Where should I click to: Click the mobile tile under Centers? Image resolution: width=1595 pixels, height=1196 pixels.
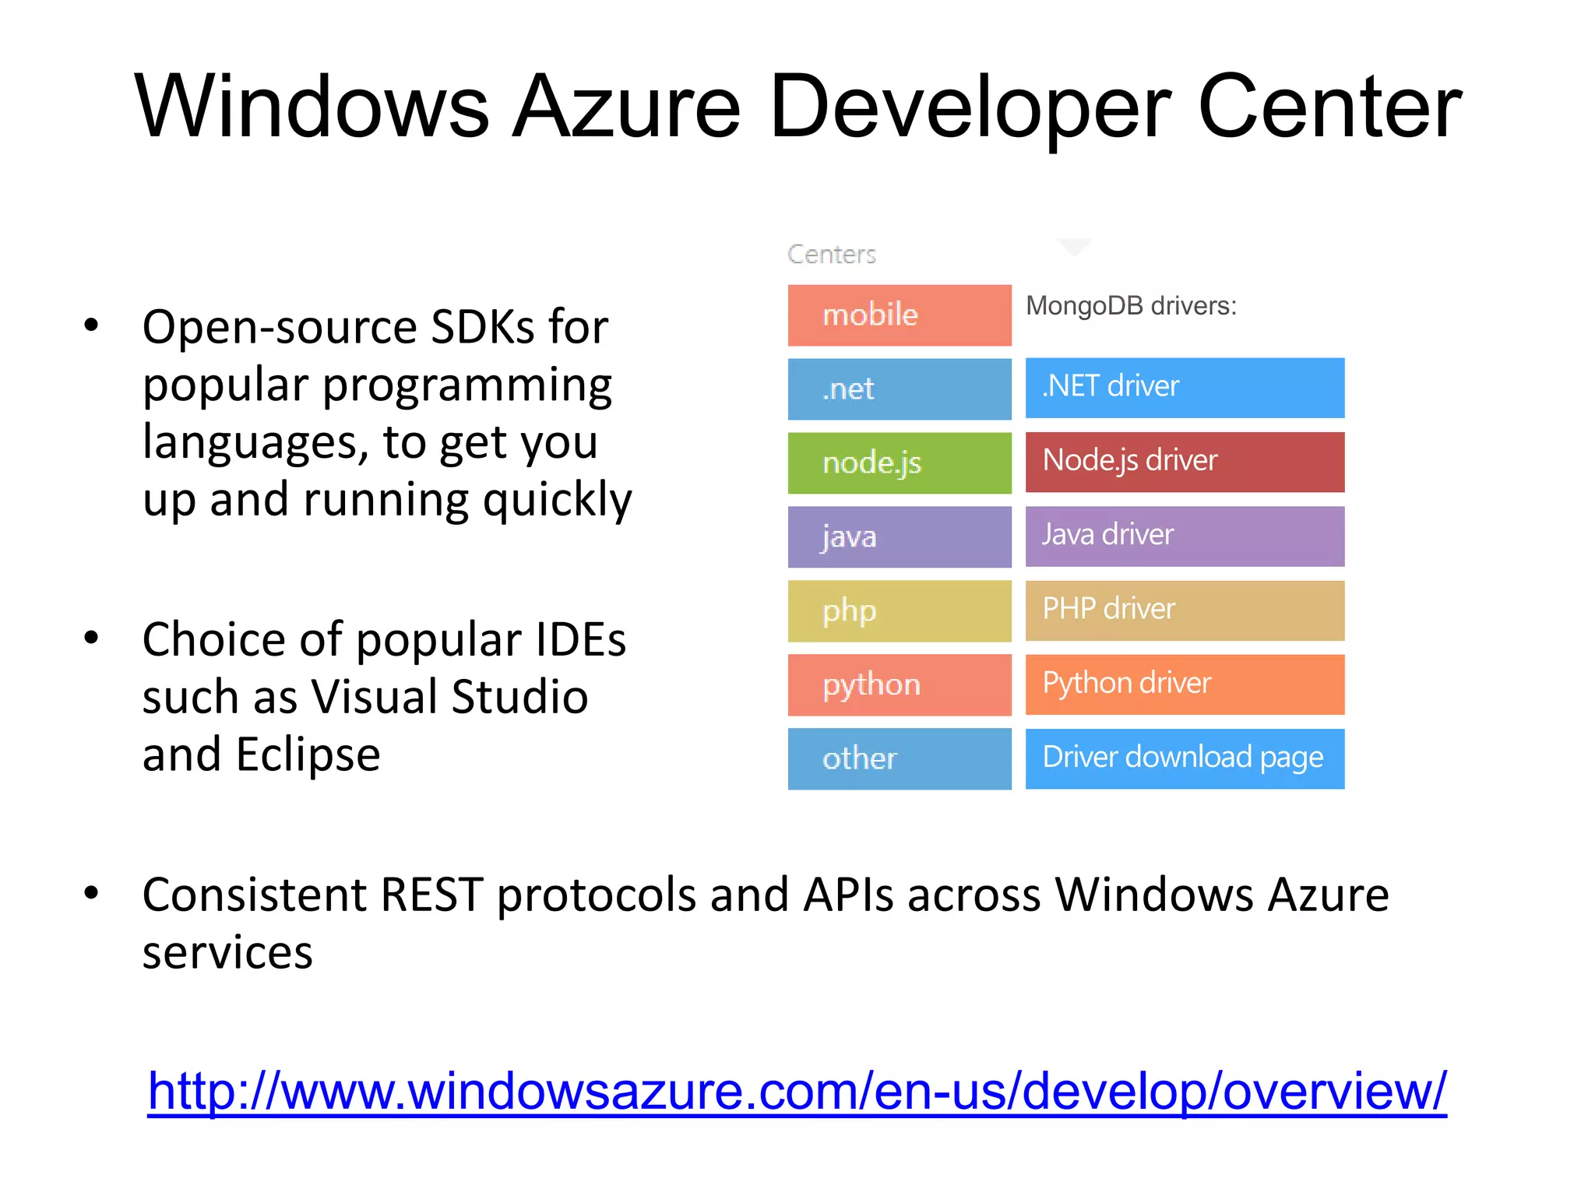[899, 315]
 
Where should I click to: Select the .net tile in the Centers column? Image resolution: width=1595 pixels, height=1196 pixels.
[899, 389]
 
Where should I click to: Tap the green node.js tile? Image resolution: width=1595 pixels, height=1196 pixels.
[899, 463]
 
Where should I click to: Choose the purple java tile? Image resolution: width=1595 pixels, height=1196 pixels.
[899, 536]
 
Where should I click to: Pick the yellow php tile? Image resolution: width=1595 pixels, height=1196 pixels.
[899, 610]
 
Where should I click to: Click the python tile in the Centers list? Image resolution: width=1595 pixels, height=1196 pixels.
[899, 684]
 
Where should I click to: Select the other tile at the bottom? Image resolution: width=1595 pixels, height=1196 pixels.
[899, 758]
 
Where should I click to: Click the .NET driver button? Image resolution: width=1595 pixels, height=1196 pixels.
[1184, 387]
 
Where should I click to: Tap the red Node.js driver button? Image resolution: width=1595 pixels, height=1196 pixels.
[1184, 461]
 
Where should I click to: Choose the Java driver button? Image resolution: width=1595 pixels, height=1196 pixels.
[1184, 536]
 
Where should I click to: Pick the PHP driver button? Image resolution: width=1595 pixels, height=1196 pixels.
[1184, 610]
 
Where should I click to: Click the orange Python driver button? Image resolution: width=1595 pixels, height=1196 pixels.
[1184, 684]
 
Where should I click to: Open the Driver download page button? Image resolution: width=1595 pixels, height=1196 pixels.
[1184, 758]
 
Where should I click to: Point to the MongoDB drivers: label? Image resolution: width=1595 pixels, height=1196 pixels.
[1131, 306]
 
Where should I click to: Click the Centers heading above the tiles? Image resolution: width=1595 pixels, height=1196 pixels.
[831, 254]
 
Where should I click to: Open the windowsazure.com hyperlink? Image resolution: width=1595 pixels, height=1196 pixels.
[797, 1091]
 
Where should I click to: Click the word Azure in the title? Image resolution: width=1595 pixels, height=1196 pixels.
[628, 107]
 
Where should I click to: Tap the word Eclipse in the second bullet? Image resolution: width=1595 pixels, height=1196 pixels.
[308, 755]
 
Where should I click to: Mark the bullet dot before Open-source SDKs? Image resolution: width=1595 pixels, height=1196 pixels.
[92, 325]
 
